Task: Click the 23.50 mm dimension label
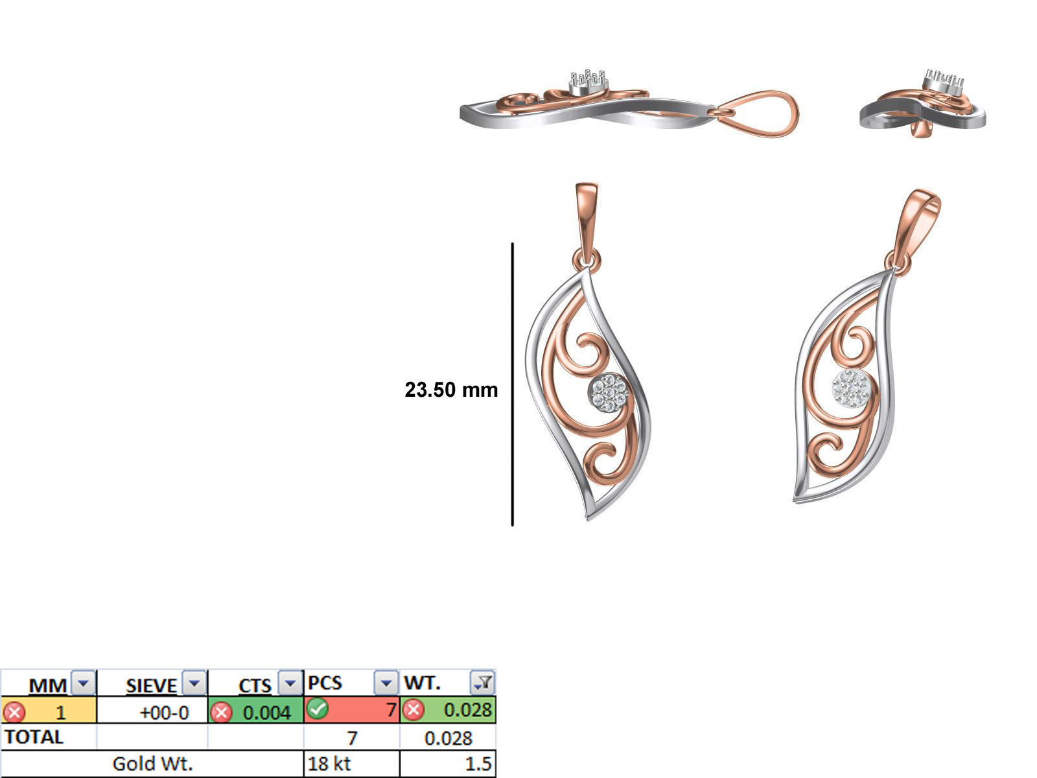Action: tap(451, 390)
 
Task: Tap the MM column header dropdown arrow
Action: tap(82, 683)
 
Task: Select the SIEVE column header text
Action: tap(151, 685)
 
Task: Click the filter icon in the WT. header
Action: tap(483, 683)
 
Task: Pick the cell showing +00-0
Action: tap(164, 713)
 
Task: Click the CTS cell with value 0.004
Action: tap(266, 713)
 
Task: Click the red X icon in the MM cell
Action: tap(14, 713)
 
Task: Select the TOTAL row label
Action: tap(34, 737)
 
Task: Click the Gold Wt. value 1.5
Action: tap(478, 764)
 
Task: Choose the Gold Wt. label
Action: tap(152, 764)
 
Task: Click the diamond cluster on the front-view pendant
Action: tap(610, 392)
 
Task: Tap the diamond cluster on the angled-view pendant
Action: tap(851, 389)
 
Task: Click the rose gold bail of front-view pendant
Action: tap(586, 220)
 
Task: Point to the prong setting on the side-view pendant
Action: tap(588, 82)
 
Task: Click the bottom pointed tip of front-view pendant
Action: tap(588, 517)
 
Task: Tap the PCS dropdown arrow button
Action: tap(386, 683)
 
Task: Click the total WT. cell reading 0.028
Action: tap(448, 738)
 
